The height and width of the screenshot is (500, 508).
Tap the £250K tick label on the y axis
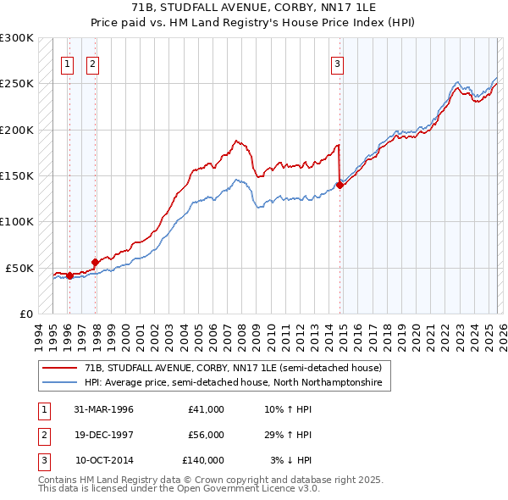(x=17, y=84)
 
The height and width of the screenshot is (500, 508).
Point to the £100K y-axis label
(x=17, y=221)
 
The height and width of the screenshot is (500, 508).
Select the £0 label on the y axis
(x=25, y=314)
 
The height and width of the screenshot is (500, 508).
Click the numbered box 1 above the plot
(x=67, y=63)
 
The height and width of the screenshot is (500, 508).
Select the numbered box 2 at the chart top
(x=92, y=63)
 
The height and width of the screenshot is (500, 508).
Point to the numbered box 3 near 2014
(x=337, y=63)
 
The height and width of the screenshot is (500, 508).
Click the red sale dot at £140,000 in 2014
(x=340, y=185)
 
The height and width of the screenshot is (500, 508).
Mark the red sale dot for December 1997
(x=96, y=262)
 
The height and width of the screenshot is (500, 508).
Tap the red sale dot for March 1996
(x=69, y=275)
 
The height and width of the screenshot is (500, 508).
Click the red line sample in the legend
(x=61, y=369)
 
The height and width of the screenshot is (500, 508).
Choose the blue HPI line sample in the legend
(x=61, y=383)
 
